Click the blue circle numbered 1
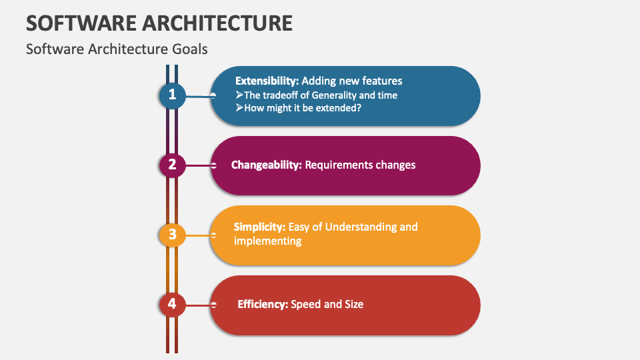click(172, 95)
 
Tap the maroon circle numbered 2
click(172, 165)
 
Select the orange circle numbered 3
click(172, 235)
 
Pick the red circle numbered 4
click(172, 304)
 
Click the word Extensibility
click(267, 81)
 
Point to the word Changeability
click(267, 165)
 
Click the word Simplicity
click(259, 227)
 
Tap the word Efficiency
click(263, 304)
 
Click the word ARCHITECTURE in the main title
click(217, 23)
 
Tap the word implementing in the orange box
click(268, 241)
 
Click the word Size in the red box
click(354, 304)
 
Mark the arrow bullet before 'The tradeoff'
click(239, 95)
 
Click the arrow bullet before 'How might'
click(239, 108)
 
